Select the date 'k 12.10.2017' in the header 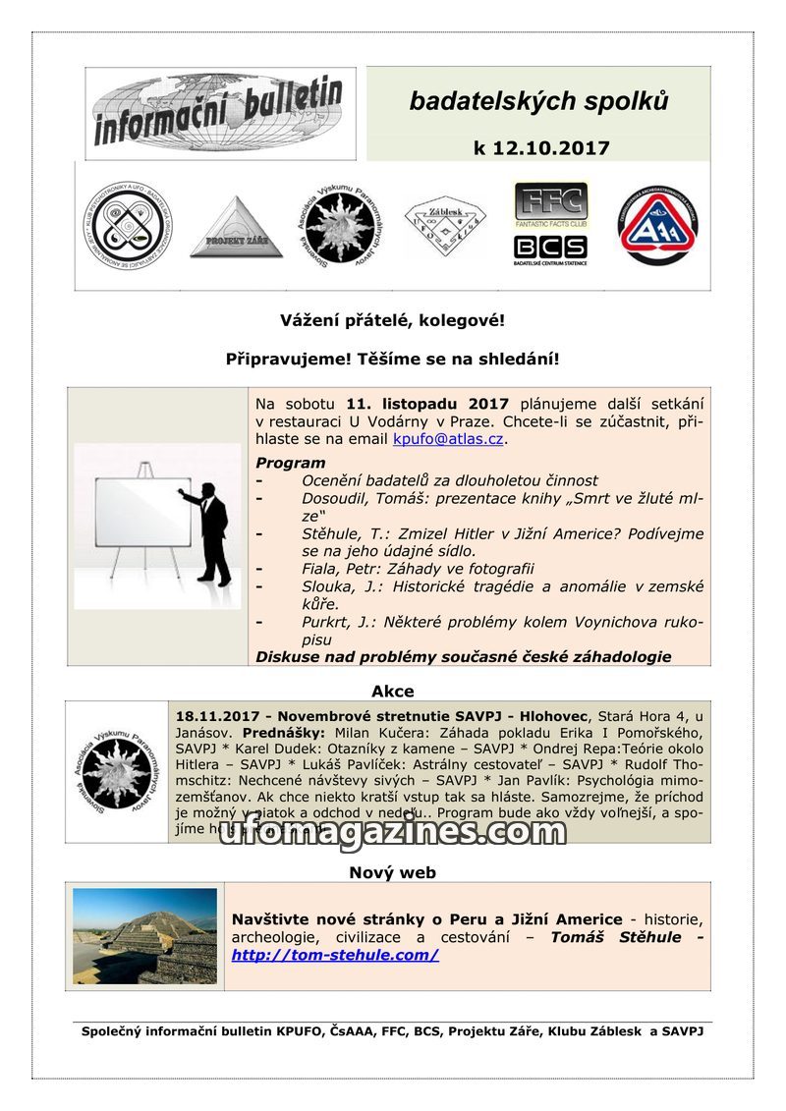(540, 148)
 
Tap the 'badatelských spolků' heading (539, 101)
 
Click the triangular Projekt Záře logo (236, 228)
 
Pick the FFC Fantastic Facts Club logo (550, 205)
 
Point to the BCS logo (550, 248)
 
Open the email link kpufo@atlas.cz (448, 439)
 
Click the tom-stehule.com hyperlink (335, 954)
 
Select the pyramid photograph (145, 936)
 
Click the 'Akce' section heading (392, 691)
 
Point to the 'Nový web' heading (392, 872)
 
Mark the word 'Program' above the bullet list (290, 463)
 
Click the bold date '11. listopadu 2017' (427, 404)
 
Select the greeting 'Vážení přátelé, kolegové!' (392, 320)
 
